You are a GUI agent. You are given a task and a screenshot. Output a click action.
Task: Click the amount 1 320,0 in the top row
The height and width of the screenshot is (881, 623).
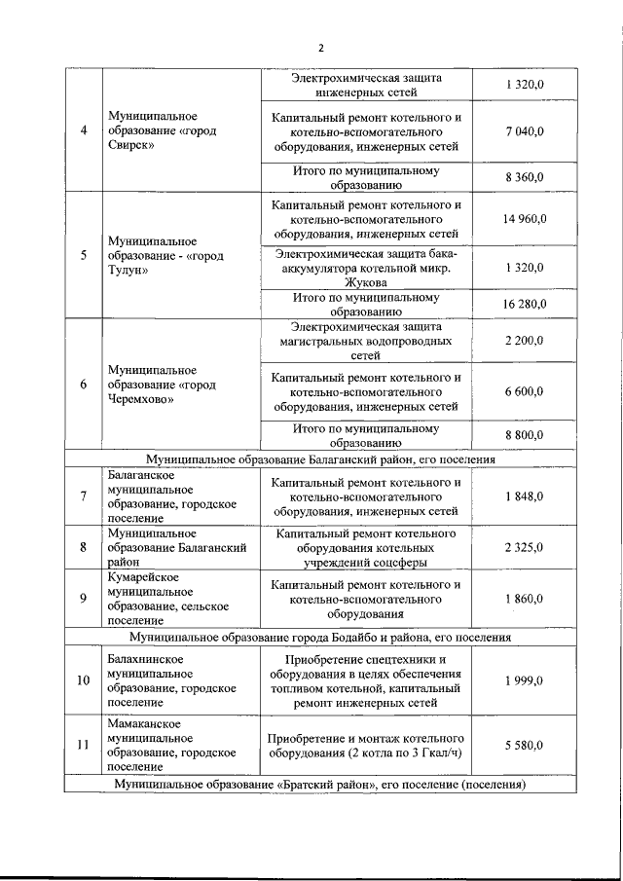coord(524,85)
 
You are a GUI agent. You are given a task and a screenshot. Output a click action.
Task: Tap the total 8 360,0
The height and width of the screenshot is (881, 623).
coord(524,177)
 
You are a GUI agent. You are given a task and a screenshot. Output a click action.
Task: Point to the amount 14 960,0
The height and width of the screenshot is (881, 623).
coord(524,219)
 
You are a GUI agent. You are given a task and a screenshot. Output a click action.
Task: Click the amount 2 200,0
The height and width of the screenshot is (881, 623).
coord(524,341)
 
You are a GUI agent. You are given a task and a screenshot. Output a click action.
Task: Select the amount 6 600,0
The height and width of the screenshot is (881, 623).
coord(524,390)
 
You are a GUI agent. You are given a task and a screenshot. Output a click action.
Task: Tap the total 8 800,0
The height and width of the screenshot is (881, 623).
coord(524,435)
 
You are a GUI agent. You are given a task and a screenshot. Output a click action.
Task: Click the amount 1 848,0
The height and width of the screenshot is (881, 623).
coord(524,496)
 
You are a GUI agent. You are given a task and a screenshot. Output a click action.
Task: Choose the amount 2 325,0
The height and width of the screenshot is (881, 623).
coord(524,547)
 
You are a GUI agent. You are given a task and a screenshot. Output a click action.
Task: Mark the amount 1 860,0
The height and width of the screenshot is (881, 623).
coord(524,599)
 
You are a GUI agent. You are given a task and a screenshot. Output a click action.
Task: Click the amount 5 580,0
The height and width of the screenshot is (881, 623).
coord(524,745)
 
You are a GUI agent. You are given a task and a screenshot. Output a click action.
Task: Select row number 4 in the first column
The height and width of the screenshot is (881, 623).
coord(84,129)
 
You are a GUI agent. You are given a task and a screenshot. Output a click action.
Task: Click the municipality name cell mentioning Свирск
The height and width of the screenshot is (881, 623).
coord(162,129)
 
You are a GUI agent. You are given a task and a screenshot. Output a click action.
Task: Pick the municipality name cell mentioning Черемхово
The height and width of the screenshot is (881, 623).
coord(162,385)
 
